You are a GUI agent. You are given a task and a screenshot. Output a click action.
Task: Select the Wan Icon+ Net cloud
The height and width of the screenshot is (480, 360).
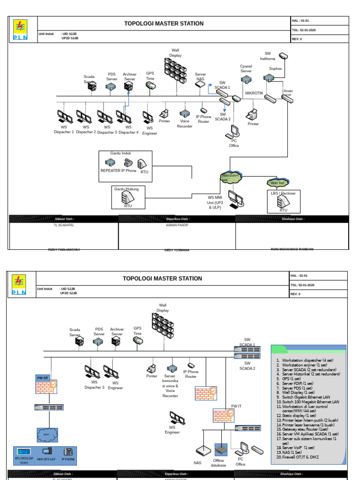[230, 177]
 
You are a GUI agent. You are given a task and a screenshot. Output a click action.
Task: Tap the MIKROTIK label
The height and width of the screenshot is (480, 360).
[255, 93]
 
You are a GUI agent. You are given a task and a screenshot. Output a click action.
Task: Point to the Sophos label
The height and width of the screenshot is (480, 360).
[275, 68]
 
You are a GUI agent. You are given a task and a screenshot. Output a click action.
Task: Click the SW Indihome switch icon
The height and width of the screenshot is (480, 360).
[283, 56]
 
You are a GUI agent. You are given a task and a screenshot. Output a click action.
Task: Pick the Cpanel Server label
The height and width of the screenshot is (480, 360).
[246, 69]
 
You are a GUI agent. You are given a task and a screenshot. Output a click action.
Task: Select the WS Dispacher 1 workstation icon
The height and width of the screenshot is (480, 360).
[64, 115]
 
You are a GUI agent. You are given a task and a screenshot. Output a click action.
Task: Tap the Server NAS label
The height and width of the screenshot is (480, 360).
[200, 76]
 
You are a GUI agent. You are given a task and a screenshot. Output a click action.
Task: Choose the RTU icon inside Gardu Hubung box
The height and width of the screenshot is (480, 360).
[127, 197]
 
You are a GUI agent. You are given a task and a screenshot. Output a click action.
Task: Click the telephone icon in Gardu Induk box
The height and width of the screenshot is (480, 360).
[127, 163]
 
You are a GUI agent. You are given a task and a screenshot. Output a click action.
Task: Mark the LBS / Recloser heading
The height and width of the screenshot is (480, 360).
[283, 193]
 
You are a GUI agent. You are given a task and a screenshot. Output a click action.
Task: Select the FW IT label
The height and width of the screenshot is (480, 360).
[236, 406]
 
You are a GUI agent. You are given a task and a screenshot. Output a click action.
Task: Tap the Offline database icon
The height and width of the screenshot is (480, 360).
[221, 450]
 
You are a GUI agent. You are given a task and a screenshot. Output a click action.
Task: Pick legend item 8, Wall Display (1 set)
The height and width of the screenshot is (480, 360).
[298, 392]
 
